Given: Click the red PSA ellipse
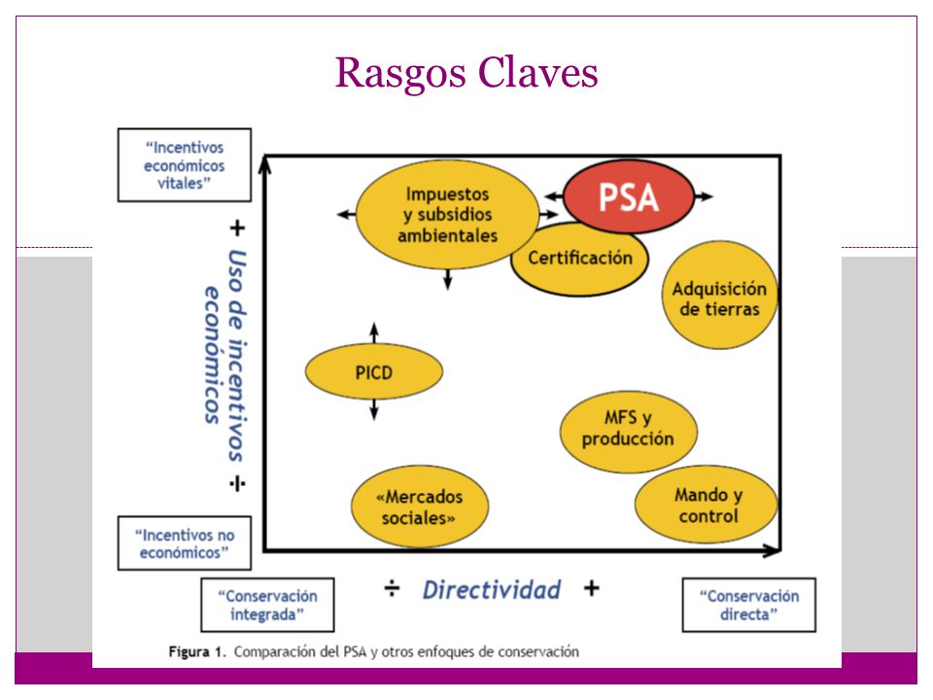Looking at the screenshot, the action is coord(629,196).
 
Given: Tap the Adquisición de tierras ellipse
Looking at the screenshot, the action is coord(720,296).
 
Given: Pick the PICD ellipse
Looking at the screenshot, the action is coord(373,372).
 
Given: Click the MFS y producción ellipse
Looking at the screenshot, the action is coord(629,432).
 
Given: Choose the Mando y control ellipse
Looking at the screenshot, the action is coord(707,505).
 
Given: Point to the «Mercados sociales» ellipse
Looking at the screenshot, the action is coord(420,507).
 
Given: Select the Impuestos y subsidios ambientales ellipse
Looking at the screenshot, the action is coord(447,215).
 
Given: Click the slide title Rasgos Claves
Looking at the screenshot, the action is coord(466,73).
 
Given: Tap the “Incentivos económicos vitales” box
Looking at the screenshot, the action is coord(185,165).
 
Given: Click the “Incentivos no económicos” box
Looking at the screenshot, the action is coord(185,542).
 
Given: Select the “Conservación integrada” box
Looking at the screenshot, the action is coord(268,605).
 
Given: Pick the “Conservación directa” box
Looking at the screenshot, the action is coord(748,605).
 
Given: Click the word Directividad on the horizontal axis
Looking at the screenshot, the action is coord(492,590).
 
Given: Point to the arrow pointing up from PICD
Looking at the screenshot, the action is coord(373,333).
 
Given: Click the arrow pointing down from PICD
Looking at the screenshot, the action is coord(373,410).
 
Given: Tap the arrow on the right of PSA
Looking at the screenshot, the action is coord(704,196).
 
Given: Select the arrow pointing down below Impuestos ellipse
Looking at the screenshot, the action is coord(447,279).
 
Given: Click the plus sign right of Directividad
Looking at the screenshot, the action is coord(592,589).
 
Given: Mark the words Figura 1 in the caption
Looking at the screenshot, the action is coord(197,651).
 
